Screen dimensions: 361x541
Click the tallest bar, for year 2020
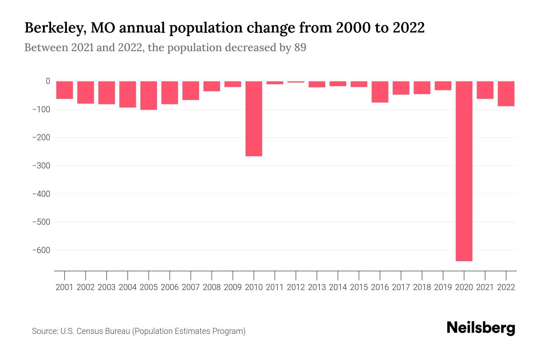(464, 171)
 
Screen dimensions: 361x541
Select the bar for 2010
(254, 119)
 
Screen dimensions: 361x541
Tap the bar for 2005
(149, 95)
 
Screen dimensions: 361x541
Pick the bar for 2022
(506, 94)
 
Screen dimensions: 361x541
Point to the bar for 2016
(380, 92)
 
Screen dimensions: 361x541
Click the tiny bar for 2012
(296, 82)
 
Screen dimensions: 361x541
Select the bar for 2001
(65, 90)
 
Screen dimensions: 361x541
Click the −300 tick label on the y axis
(41, 166)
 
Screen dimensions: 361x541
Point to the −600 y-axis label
(41, 250)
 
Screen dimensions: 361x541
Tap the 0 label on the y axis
(48, 81)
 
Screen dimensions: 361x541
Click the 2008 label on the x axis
(212, 287)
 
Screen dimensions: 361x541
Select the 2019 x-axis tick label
(443, 287)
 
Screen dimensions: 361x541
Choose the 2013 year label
(317, 287)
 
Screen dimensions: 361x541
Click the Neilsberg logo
(481, 328)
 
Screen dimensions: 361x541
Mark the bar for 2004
(128, 94)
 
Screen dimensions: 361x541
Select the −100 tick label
(41, 110)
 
